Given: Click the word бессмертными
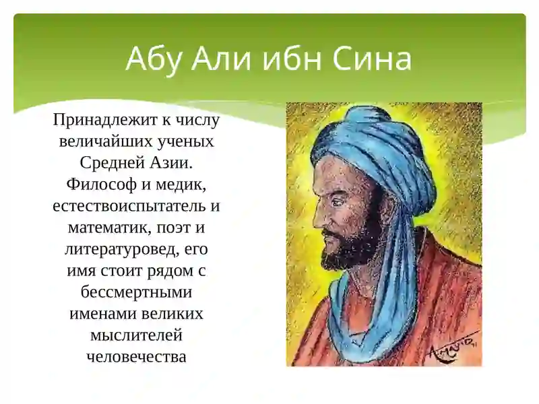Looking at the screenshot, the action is (137, 292).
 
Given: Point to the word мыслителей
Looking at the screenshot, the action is (136, 335).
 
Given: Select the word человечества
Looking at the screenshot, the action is (137, 357).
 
